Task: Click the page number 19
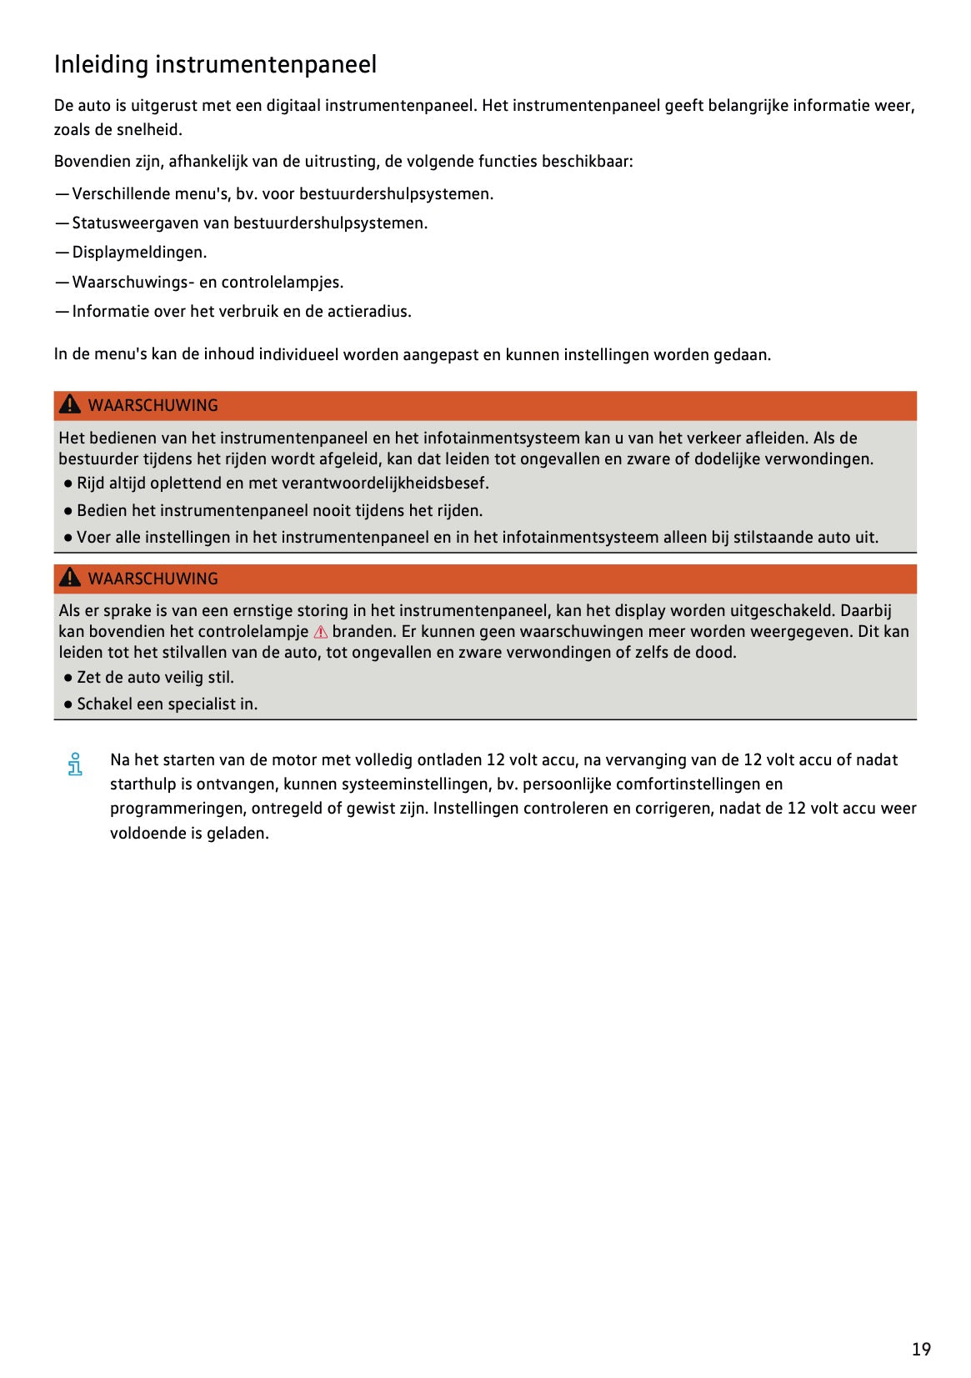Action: tap(920, 1349)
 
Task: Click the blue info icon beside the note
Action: tap(75, 764)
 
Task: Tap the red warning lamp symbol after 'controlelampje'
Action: tap(321, 632)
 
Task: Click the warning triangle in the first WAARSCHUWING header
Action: tap(71, 405)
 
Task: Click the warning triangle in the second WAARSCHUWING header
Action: tap(71, 578)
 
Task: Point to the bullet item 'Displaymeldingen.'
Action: tap(139, 253)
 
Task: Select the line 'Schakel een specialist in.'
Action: tap(167, 704)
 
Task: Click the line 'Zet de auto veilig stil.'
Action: tap(155, 678)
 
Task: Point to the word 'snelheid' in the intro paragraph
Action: tap(150, 130)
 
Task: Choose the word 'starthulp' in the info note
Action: tap(143, 784)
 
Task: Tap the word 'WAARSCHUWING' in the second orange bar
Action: tap(153, 579)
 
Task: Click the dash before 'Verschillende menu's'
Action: tap(62, 194)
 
